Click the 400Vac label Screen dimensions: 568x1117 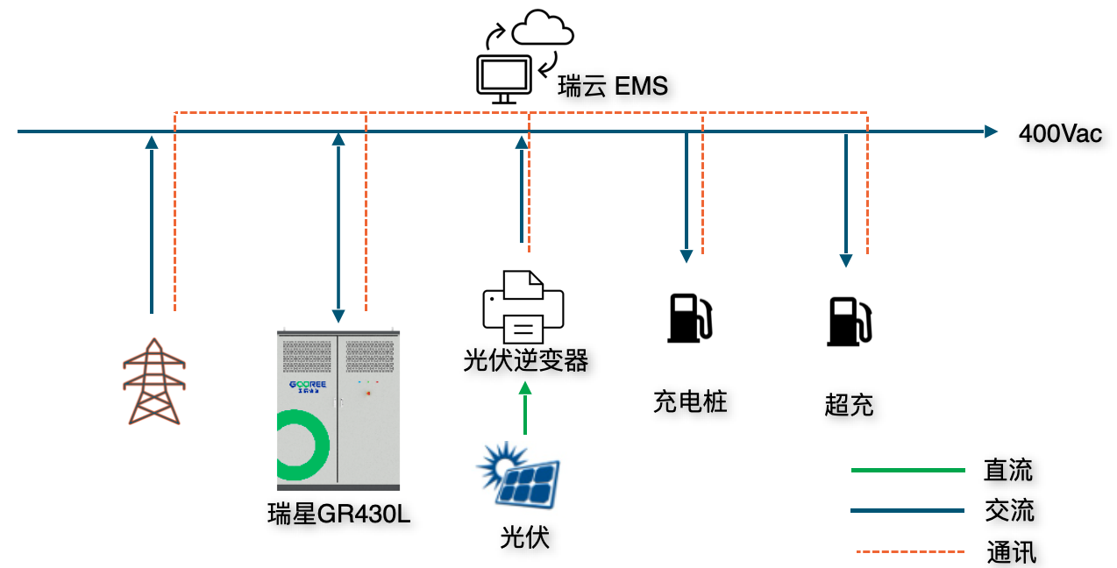coord(1060,134)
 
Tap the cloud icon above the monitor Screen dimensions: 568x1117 coord(543,29)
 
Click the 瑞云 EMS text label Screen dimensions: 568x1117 coord(613,87)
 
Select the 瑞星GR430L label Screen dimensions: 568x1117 coord(338,515)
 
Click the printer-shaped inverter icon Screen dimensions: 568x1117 coord(523,307)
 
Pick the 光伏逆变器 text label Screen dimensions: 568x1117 coord(525,360)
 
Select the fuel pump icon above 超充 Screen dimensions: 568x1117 coord(850,322)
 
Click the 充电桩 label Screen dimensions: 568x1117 coord(690,401)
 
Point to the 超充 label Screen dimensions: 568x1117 coord(849,405)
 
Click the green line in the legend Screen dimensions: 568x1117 coord(907,471)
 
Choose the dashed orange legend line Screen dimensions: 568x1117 coord(908,552)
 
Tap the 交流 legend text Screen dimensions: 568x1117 coord(1009,510)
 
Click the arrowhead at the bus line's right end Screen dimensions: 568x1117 coord(991,131)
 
